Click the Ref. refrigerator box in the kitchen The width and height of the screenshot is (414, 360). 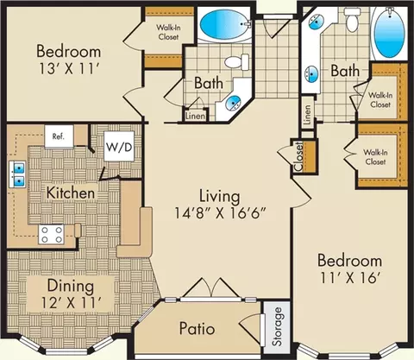click(x=59, y=136)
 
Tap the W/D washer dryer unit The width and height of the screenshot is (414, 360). click(x=119, y=147)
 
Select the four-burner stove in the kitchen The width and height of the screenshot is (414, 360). click(x=52, y=235)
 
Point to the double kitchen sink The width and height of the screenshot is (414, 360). click(x=18, y=174)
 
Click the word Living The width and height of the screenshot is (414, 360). click(x=220, y=197)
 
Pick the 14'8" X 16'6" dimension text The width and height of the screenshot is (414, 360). click(x=220, y=213)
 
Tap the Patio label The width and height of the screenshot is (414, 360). click(x=197, y=328)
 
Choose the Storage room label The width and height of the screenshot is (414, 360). click(x=277, y=326)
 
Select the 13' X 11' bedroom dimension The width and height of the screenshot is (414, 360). click(x=69, y=69)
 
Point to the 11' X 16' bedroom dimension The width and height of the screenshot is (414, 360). click(x=350, y=278)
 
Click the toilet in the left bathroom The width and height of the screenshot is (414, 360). click(x=237, y=61)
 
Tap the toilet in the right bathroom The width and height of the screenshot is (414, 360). click(x=351, y=20)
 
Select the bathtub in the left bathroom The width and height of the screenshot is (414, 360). click(x=224, y=25)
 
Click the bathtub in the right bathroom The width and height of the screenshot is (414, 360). click(x=389, y=32)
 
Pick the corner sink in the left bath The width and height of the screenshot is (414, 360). click(x=233, y=102)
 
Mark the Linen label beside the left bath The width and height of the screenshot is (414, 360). click(x=196, y=116)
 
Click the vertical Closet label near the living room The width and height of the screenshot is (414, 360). click(x=298, y=156)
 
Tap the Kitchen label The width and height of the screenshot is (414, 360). click(x=71, y=193)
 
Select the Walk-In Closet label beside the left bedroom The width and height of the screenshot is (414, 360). click(x=167, y=32)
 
